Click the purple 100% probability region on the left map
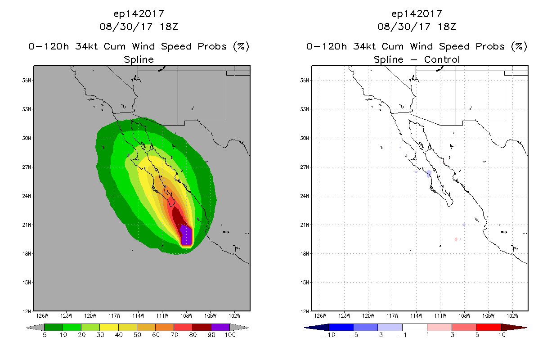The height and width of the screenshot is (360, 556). coord(186,235)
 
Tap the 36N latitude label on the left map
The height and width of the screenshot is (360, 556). coord(27,81)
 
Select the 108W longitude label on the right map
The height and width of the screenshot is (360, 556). coord(464,316)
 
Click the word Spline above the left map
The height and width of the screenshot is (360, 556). coord(139,59)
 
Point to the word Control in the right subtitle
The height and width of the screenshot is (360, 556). coord(442,59)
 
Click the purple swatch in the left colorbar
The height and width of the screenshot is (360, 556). coord(220,327)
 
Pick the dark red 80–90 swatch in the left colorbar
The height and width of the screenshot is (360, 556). coord(202,327)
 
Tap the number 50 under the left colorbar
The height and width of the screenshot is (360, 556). coord(137,335)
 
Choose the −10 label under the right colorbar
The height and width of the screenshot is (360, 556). coord(329,335)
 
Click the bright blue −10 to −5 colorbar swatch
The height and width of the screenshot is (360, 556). coord(341,327)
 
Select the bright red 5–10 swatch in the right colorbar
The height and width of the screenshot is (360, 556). coord(489,327)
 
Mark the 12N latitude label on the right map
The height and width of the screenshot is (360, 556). coord(305,311)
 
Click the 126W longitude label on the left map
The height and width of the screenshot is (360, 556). coord(42,316)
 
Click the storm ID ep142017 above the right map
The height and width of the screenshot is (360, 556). coord(417,13)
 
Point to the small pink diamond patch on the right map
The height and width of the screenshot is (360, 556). coord(456,239)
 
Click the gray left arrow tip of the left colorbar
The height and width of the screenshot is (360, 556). coord(27,328)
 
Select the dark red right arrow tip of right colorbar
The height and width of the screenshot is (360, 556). coord(526,328)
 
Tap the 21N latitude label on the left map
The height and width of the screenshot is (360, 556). coord(27,225)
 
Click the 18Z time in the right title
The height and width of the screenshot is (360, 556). coord(447,27)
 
